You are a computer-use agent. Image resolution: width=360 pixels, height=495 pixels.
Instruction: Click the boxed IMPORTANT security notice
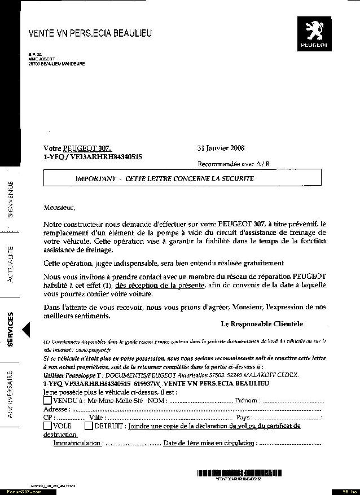click(182, 178)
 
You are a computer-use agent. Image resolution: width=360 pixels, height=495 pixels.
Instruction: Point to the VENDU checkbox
click(47, 400)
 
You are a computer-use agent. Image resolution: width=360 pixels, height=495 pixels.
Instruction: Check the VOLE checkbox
click(47, 426)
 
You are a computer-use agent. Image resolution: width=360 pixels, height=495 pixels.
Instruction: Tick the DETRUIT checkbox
click(89, 426)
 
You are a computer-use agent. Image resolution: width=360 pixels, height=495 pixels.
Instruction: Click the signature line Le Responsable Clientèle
click(262, 324)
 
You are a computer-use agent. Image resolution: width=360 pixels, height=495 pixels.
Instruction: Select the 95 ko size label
click(345, 491)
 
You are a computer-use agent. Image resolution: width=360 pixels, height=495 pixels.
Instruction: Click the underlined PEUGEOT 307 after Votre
click(87, 148)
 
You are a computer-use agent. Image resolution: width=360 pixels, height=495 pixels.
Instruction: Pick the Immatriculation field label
click(77, 443)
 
